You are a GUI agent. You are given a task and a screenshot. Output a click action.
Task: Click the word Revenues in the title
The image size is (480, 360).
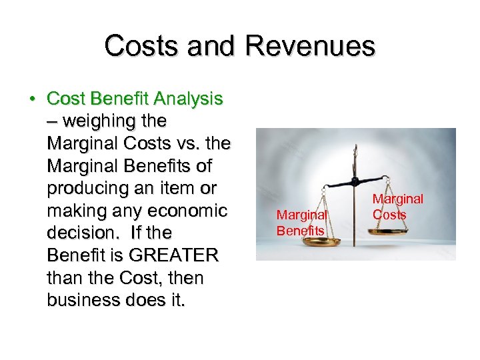click(310, 46)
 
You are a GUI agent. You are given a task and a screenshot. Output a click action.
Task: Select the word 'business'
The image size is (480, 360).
click(85, 300)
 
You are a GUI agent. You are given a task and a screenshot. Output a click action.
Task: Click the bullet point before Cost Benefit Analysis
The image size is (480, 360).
click(32, 99)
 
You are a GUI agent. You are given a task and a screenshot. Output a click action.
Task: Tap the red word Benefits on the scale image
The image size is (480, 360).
click(301, 231)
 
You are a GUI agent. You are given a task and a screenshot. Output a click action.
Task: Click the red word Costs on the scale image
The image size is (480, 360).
click(389, 215)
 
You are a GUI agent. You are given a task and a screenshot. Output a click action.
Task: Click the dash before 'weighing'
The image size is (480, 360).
click(53, 122)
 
